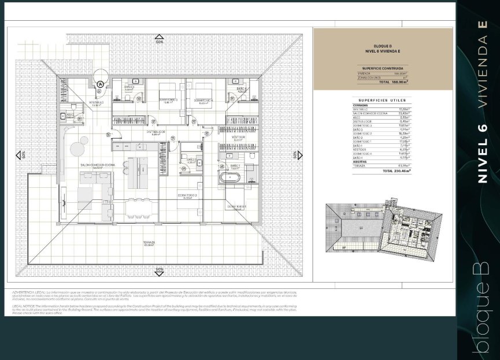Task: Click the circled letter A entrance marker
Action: tap(100, 84)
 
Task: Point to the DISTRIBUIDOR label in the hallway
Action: tap(156, 132)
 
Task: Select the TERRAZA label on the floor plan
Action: tap(150, 243)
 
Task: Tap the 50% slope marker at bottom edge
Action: tap(160, 269)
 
